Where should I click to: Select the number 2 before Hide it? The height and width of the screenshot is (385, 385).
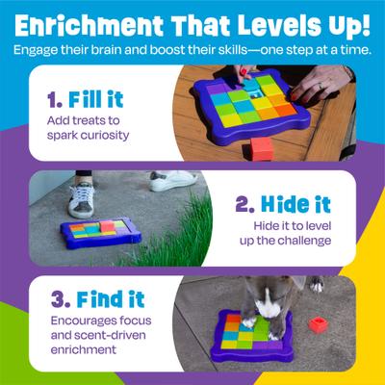click(242, 204)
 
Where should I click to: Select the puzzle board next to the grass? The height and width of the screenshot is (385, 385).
click(104, 231)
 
